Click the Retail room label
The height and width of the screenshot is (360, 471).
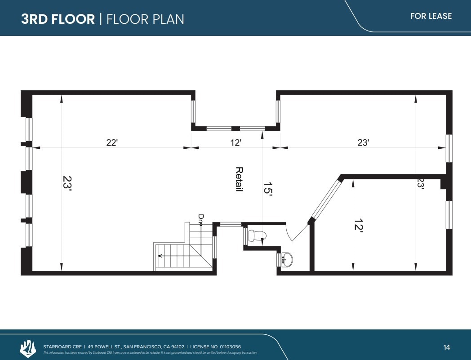pos(239,179)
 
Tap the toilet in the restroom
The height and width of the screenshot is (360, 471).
pos(257,236)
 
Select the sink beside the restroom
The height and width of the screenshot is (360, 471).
pos(286,259)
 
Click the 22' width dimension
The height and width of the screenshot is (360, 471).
pos(112,142)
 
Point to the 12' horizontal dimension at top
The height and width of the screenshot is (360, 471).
pos(236,142)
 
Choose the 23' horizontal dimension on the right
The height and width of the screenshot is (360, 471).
pos(363,142)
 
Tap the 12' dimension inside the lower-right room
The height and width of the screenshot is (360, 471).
pos(358,225)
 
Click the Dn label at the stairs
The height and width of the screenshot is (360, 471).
pos(200,218)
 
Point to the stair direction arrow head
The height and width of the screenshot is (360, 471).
pos(160,256)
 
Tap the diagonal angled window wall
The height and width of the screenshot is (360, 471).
pos(326,199)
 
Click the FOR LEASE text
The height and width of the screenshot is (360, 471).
pos(431,16)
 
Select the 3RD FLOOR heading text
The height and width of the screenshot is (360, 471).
pos(58,19)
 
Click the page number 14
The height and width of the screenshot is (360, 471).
pos(446,347)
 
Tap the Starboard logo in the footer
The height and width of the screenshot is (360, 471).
pos(28,348)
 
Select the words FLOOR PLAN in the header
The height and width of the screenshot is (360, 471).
pos(145,19)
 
